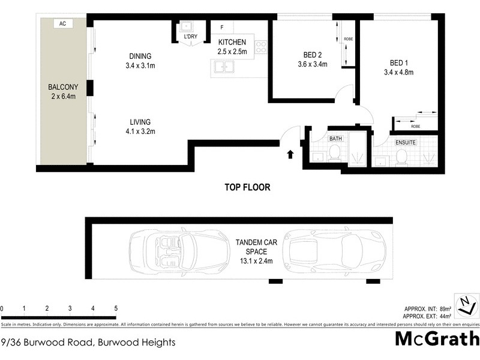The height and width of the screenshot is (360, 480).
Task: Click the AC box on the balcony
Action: pos(62,24)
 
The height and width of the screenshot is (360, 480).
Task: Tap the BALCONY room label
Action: pos(62,87)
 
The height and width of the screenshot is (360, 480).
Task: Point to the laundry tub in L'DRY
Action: pos(188,27)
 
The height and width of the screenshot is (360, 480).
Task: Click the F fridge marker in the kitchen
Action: pos(222,28)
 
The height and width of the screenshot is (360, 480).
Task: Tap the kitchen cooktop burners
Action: pos(261,46)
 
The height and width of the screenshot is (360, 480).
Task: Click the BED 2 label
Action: pos(312,53)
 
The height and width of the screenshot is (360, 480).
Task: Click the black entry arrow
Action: pos(290,154)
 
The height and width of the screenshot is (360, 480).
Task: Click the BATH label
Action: pos(335,139)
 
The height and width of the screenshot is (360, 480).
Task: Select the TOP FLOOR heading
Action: pos(247,187)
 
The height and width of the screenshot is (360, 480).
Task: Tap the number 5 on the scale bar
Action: pos(115,308)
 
